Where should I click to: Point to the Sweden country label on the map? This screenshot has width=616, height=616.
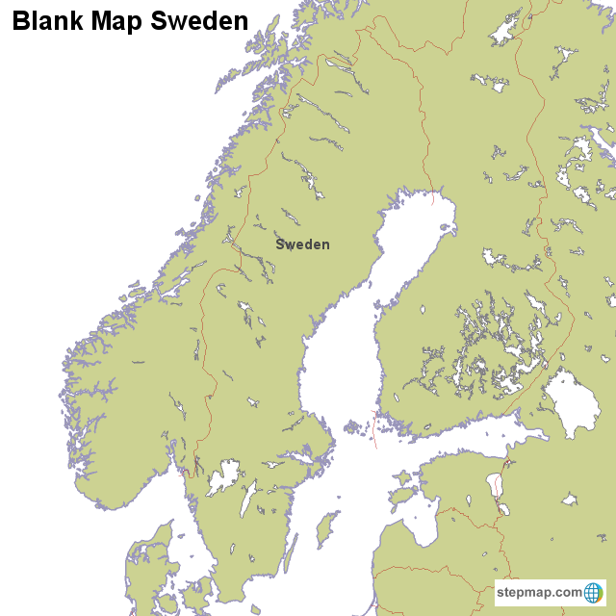pos(302,244)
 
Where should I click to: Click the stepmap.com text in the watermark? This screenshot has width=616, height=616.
pos(539,592)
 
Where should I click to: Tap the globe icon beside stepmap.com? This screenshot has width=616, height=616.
pos(594,592)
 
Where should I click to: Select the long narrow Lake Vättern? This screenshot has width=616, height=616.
pos(247,499)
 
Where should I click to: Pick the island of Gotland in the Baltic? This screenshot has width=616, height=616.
pos(328,528)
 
